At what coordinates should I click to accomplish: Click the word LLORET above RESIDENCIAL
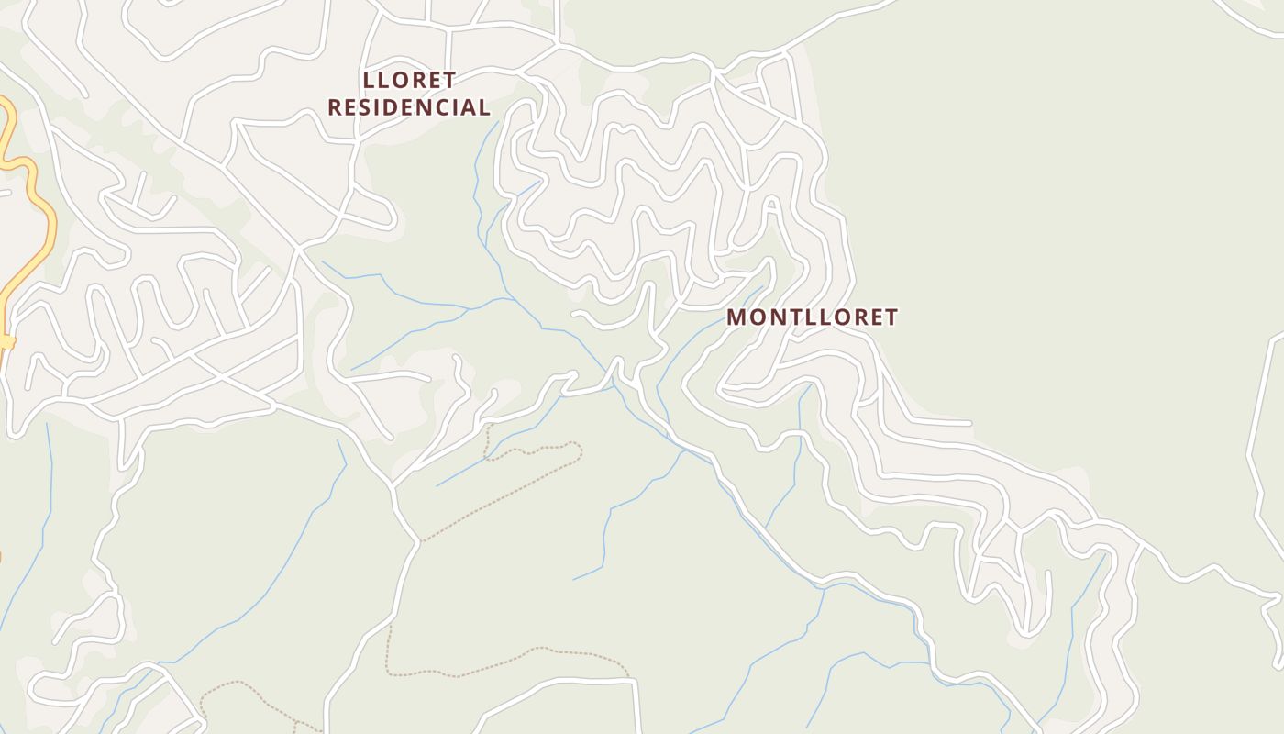[x=409, y=80]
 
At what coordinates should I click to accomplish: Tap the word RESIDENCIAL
[x=409, y=107]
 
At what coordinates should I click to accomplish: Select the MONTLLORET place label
[x=812, y=317]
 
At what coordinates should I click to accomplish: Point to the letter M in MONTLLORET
[x=736, y=317]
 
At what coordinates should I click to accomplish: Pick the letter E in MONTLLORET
[x=873, y=317]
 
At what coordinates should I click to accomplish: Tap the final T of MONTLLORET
[x=891, y=317]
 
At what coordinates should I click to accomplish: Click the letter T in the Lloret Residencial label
[x=448, y=80]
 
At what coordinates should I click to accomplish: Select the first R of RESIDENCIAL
[x=335, y=107]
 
